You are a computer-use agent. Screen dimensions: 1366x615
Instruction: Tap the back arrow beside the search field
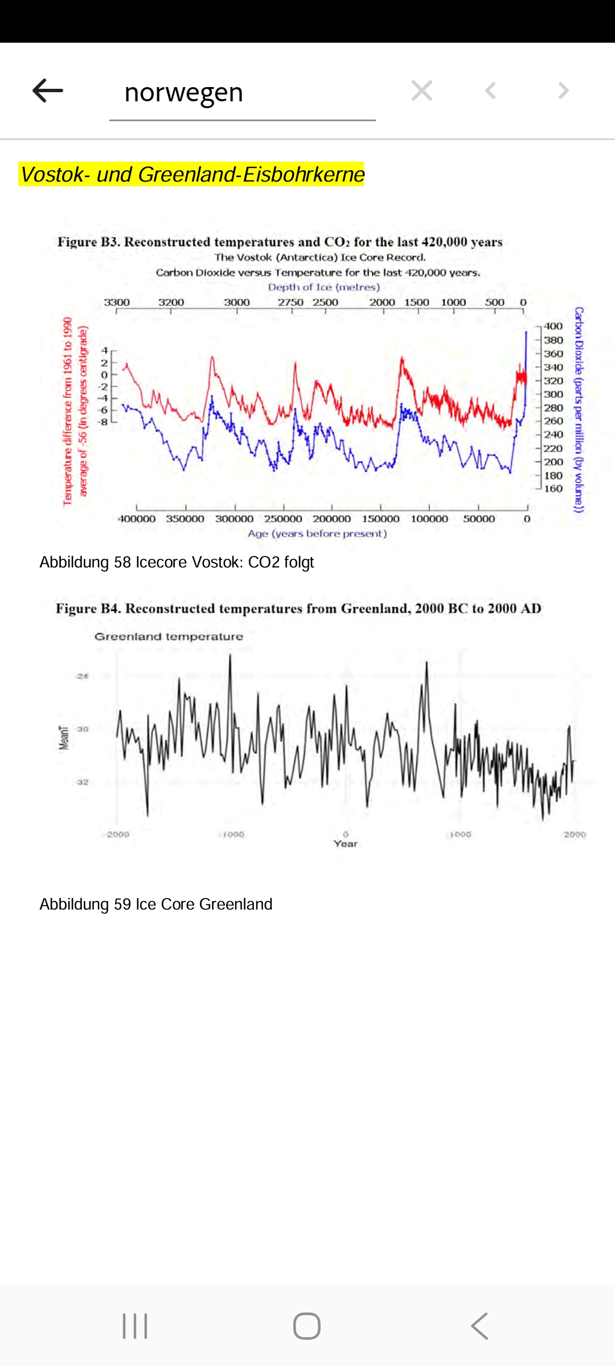click(48, 91)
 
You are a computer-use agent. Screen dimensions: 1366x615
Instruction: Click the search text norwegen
click(183, 92)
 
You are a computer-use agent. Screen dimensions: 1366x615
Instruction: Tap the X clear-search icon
click(422, 91)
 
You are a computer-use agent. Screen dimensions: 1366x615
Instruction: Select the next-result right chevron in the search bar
click(563, 91)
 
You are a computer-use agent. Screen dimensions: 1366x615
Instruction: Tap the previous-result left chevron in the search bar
click(490, 91)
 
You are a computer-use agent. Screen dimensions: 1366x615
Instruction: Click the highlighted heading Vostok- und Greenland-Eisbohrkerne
click(192, 174)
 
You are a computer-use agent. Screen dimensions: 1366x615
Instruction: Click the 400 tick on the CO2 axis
click(553, 326)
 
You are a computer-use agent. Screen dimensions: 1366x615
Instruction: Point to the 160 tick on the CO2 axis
click(553, 488)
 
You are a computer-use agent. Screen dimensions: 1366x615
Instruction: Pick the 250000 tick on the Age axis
click(283, 519)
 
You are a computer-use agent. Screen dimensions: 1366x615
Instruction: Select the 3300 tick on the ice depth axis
click(117, 302)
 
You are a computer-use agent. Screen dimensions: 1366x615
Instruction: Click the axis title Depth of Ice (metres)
click(323, 287)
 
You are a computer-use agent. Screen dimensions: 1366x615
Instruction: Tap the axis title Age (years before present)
click(317, 534)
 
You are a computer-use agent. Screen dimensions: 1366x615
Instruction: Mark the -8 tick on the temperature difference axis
click(103, 422)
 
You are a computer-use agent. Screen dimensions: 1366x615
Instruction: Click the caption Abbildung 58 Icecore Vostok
click(177, 562)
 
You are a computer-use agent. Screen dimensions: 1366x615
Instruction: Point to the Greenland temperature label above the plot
click(169, 636)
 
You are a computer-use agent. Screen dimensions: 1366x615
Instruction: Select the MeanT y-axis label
click(64, 737)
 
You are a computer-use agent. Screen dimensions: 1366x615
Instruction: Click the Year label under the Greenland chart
click(346, 844)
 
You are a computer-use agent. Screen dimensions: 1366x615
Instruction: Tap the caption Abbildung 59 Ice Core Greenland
click(156, 904)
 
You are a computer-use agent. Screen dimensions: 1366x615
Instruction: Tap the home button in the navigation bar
click(307, 1326)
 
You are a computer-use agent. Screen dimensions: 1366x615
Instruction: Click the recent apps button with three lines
click(135, 1326)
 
